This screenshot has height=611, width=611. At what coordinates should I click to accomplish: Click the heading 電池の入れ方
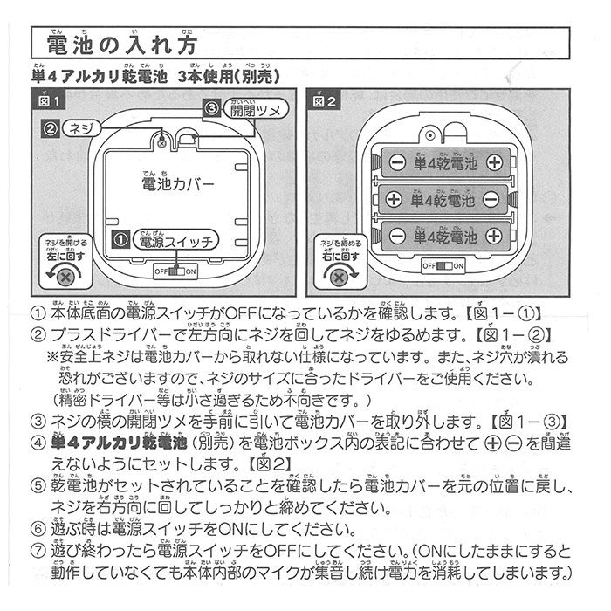point(120,44)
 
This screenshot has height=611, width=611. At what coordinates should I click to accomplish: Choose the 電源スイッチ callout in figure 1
point(171,241)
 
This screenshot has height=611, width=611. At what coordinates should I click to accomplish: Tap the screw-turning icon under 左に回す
point(61,276)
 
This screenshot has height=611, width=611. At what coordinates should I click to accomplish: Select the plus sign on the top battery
point(496,162)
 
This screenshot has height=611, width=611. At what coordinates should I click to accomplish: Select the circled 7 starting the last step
point(37,552)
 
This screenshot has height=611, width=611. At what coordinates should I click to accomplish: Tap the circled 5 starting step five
point(37,484)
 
